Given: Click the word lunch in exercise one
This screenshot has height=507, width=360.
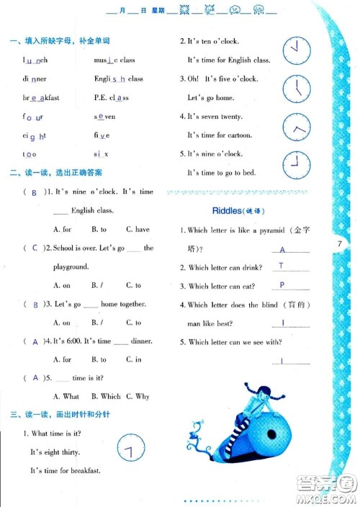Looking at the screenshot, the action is pos(35,60).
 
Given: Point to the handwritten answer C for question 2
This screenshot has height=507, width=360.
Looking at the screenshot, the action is pos(35,248).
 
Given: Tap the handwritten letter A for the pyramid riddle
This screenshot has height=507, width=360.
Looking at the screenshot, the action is pos(282,249).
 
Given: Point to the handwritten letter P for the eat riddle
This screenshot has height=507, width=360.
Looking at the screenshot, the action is pos(282,285).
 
